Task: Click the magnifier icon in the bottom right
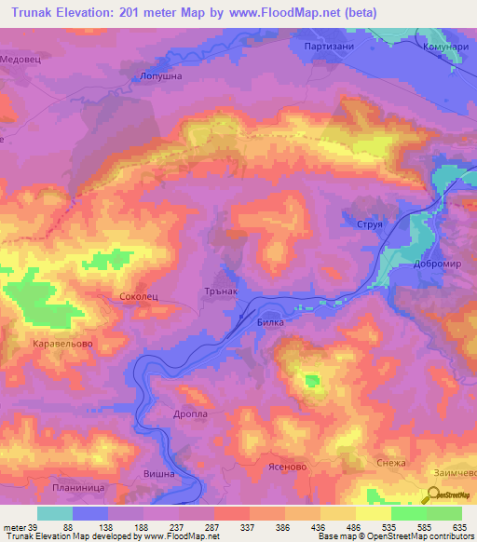point(435,495)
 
